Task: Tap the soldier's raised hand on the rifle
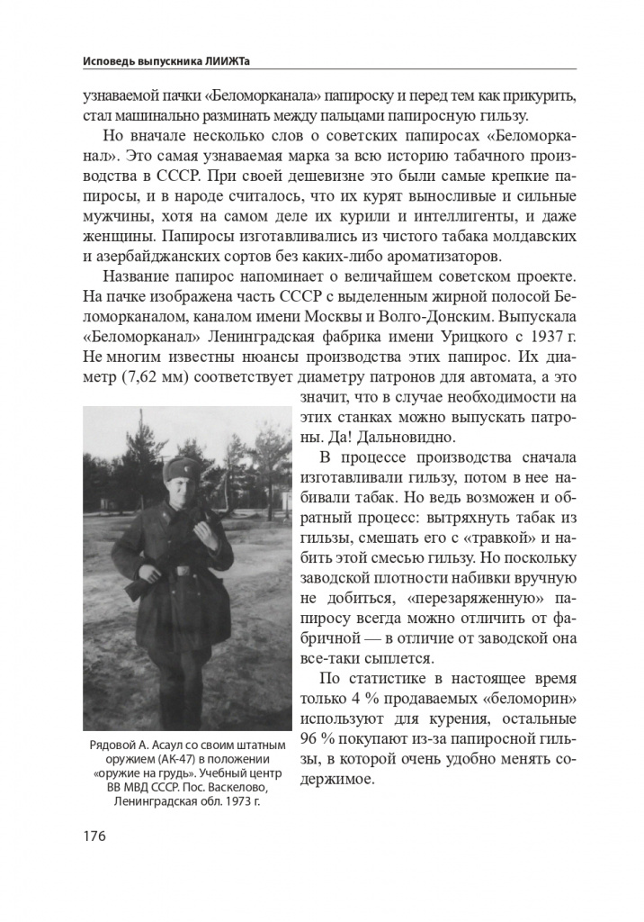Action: (205, 533)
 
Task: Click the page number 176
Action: (94, 836)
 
